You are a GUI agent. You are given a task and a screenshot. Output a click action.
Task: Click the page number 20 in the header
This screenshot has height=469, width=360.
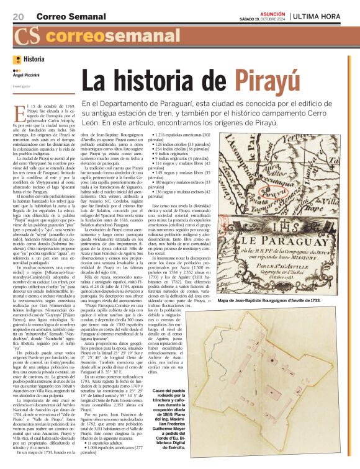pos(18,15)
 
